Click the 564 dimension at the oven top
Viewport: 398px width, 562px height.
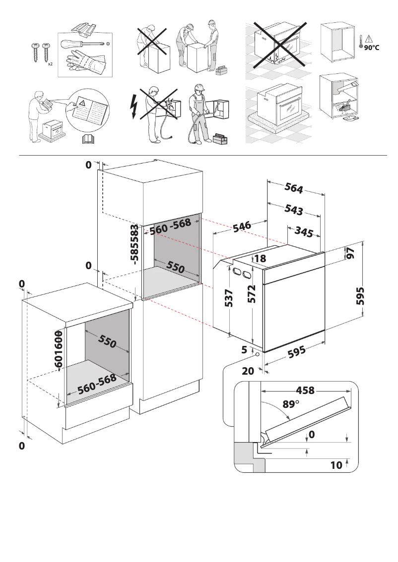coord(294,189)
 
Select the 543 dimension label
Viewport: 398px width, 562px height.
coord(294,210)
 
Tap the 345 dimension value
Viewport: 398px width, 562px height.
coord(304,231)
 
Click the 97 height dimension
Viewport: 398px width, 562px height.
coord(351,253)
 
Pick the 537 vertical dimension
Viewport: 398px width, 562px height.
coord(229,298)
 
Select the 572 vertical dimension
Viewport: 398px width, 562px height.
coord(252,294)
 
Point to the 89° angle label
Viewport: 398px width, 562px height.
coord(291,404)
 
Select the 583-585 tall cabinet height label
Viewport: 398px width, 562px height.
coord(133,246)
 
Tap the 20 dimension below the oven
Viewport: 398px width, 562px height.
coord(248,371)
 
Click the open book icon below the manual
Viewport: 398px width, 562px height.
coord(87,139)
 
